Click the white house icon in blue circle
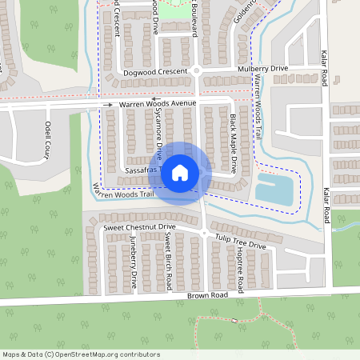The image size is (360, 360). pyautogui.click(x=180, y=173)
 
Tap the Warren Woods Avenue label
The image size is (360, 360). pyautogui.click(x=158, y=104)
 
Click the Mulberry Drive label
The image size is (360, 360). pyautogui.click(x=263, y=70)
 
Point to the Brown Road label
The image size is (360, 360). pyautogui.click(x=208, y=295)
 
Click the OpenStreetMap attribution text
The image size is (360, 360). pyautogui.click(x=81, y=354)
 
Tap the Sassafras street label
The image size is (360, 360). pyautogui.click(x=144, y=171)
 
